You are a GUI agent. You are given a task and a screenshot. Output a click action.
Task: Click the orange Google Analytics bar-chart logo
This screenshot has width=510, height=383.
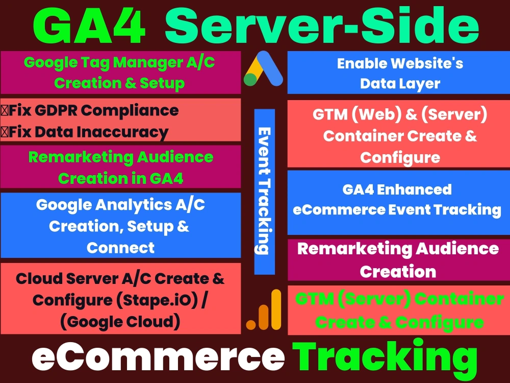tap(264, 310)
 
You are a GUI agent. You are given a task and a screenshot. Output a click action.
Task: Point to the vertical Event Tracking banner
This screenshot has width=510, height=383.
tap(264, 191)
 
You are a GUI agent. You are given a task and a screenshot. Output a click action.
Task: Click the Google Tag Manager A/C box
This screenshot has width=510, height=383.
tap(120, 72)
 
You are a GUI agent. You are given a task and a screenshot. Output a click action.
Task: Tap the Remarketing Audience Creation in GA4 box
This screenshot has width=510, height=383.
tap(120, 167)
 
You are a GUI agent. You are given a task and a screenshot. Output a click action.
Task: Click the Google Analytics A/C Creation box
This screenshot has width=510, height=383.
tap(120, 226)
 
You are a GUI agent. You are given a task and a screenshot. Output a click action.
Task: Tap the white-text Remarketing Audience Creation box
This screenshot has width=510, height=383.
tap(398, 260)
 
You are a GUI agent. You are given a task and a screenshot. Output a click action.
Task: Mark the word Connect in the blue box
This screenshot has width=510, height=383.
tap(120, 248)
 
